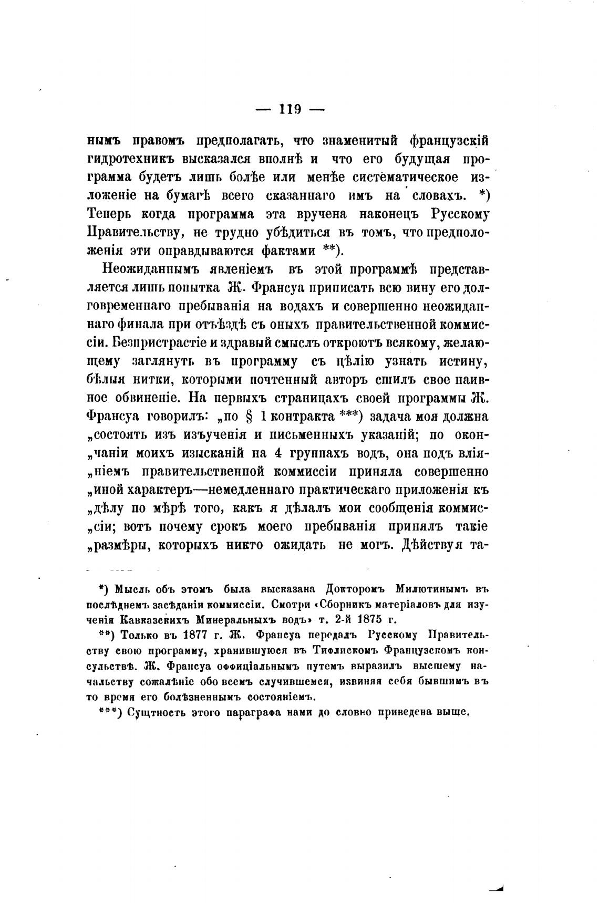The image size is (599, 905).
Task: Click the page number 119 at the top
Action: point(290,109)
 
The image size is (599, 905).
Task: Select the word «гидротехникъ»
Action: point(131,159)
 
